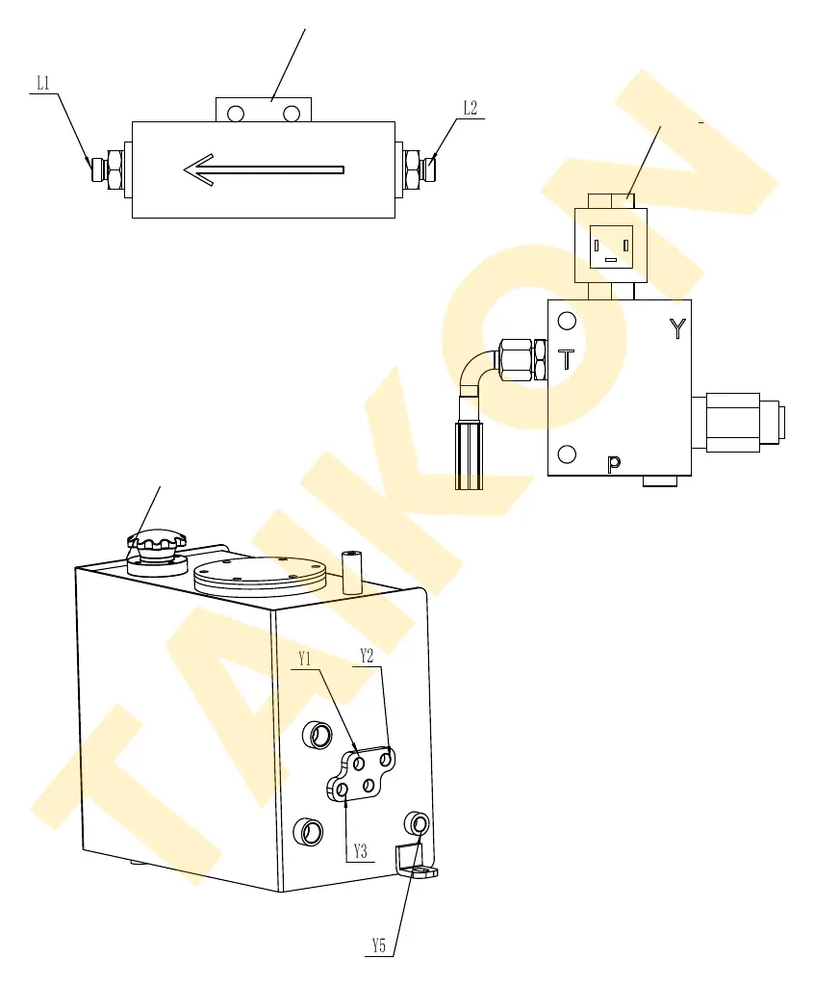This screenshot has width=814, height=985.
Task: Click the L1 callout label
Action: pyautogui.click(x=43, y=83)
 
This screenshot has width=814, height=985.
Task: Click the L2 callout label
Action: pyautogui.click(x=471, y=108)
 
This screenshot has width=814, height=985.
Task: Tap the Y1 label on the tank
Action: pyautogui.click(x=304, y=659)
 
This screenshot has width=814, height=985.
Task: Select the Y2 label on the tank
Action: pyautogui.click(x=367, y=656)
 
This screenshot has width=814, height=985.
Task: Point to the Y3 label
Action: pyautogui.click(x=360, y=851)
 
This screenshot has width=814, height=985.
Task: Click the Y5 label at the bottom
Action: pyautogui.click(x=378, y=946)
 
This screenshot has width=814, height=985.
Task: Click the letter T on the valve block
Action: pyautogui.click(x=566, y=359)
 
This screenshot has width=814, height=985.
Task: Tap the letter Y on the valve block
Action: pyautogui.click(x=677, y=328)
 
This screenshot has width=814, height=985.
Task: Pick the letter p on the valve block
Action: pyautogui.click(x=614, y=463)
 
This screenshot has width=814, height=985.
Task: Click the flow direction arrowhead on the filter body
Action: pyautogui.click(x=199, y=169)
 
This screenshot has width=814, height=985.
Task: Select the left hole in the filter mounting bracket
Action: pyautogui.click(x=236, y=114)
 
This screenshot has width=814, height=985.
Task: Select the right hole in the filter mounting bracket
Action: pyautogui.click(x=292, y=114)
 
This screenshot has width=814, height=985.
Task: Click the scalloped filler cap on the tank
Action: pyautogui.click(x=157, y=539)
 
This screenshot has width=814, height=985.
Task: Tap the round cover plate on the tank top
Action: pyautogui.click(x=260, y=577)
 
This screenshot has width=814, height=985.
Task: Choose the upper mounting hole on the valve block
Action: pyautogui.click(x=567, y=321)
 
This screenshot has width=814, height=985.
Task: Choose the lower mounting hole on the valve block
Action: pyautogui.click(x=567, y=454)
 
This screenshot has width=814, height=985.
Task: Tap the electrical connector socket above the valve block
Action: pyautogui.click(x=611, y=246)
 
